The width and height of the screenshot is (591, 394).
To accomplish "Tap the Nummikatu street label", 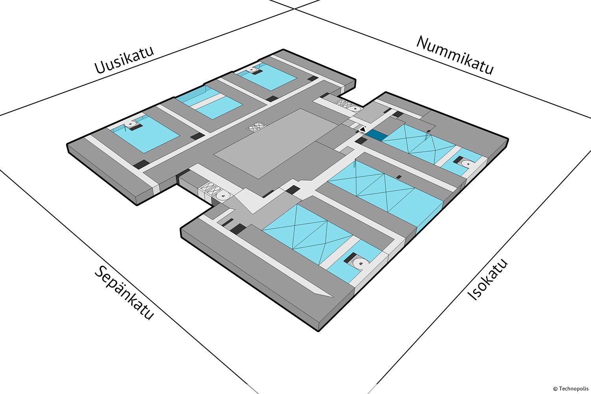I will tap(455, 55).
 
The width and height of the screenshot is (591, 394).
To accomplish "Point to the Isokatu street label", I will tap(488, 279).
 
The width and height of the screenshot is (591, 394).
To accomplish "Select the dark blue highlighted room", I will tap(377, 135).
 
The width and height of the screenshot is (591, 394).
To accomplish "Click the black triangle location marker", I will tap(362, 128).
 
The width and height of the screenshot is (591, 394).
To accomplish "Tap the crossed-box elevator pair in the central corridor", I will tap(256, 127).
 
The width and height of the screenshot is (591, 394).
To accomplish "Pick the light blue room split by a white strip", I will tap(209, 103).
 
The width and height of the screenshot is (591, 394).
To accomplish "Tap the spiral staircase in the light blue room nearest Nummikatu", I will tap(251, 70).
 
